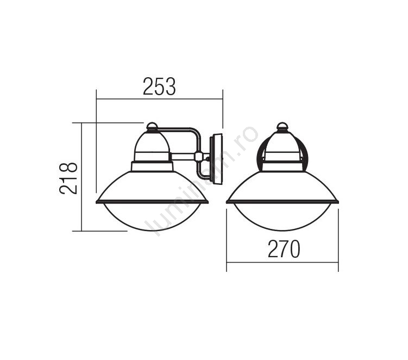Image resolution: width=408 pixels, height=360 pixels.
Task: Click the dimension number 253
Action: point(159,86)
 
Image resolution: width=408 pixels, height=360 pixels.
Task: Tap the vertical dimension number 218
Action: point(68,178)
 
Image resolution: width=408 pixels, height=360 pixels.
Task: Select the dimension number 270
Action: point(284,249)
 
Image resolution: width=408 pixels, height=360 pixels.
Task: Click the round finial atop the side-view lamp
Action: point(152,126)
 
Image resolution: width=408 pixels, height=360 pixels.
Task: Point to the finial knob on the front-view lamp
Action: point(283,126)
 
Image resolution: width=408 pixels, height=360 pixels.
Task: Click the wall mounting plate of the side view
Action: point(217,159)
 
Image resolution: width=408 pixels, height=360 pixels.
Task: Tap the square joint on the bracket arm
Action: point(198,157)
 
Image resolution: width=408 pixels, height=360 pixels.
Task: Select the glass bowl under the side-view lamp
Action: point(152,217)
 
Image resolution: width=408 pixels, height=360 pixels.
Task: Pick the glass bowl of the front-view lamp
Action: point(283,217)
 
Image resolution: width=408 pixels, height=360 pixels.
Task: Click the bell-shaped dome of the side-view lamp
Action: point(152,146)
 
